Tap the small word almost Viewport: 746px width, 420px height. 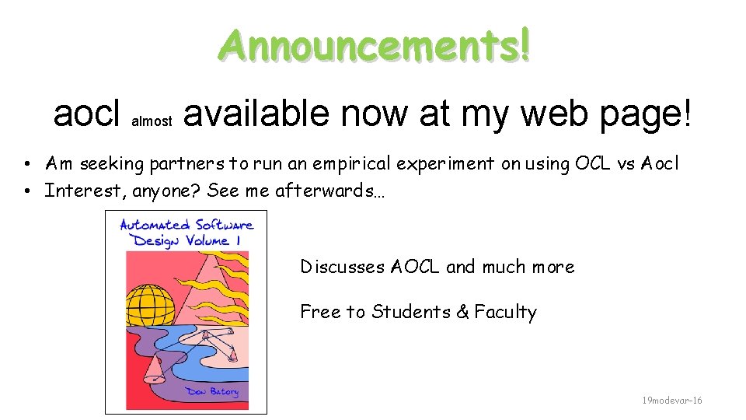point(152,121)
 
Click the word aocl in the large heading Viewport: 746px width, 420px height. point(86,114)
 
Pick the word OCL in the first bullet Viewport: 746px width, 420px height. point(592,163)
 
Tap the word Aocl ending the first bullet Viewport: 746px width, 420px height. point(659,163)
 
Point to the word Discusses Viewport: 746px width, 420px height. point(343,267)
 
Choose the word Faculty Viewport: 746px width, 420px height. point(506,312)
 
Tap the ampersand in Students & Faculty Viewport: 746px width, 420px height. point(462,312)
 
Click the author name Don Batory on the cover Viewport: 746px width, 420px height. point(211,391)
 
